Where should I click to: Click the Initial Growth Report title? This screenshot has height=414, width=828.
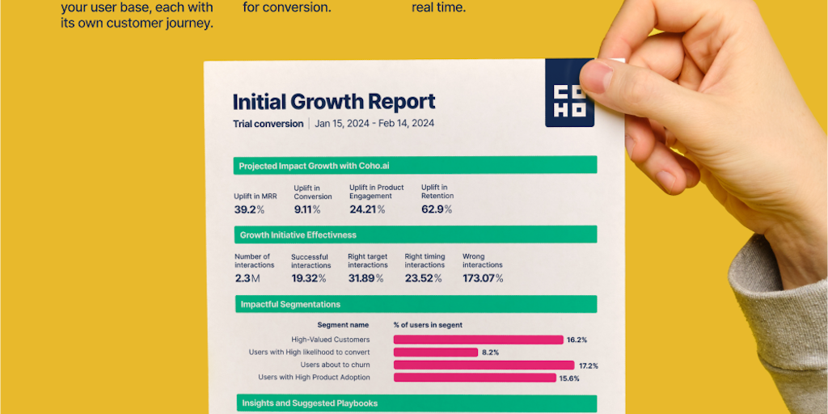[334, 102]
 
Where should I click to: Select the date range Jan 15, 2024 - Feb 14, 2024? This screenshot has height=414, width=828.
[374, 124]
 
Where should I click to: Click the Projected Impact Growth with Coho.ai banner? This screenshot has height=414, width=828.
[415, 165]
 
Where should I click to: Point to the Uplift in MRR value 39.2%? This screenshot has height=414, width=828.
[249, 209]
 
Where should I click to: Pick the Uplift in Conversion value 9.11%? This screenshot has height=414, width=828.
[306, 209]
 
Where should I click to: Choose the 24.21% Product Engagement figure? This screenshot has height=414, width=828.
[367, 209]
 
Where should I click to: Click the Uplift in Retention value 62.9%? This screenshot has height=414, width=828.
[437, 209]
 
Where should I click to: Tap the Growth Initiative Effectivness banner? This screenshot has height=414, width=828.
[415, 234]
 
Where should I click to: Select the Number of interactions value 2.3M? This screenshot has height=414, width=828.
[247, 278]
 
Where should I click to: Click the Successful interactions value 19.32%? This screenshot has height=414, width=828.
[308, 278]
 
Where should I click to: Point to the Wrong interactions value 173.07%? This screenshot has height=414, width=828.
[483, 278]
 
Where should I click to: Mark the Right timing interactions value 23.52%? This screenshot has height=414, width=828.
[424, 278]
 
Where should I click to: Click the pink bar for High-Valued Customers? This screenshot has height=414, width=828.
[478, 340]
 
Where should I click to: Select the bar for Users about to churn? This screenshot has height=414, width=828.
[484, 365]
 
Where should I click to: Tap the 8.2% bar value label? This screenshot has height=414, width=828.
[490, 353]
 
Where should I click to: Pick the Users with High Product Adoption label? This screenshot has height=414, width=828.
[314, 378]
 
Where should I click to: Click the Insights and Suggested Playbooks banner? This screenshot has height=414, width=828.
[415, 403]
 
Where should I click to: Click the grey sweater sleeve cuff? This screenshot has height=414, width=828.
[768, 323]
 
